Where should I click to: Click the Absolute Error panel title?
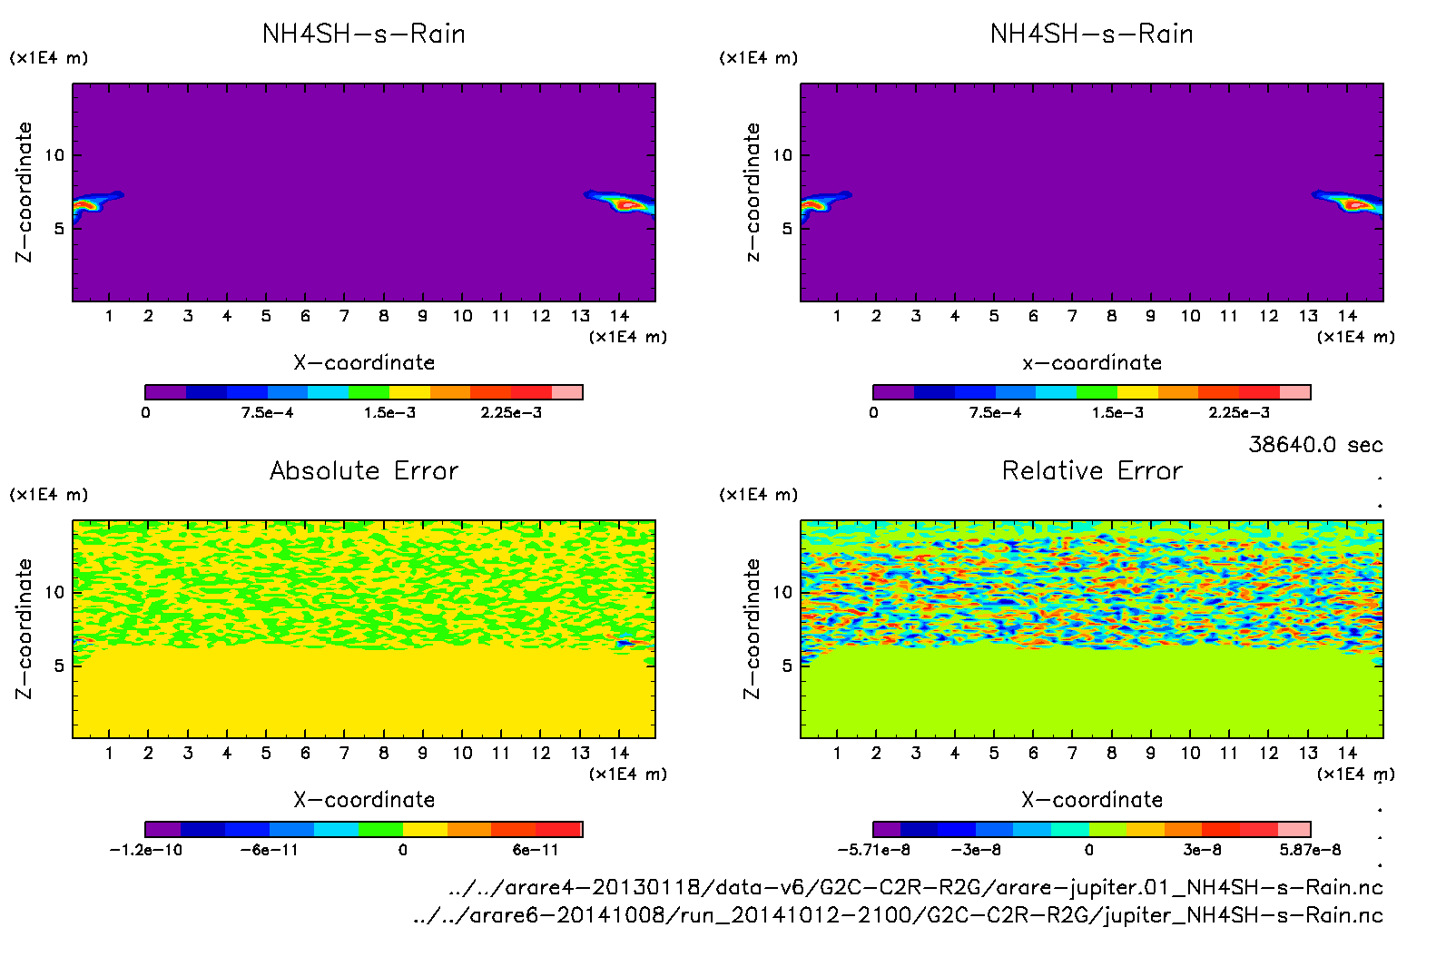[x=364, y=470]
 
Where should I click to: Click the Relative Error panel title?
[x=1092, y=470]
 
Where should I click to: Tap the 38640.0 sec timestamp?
[x=1315, y=445]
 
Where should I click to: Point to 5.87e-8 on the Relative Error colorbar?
[x=1310, y=850]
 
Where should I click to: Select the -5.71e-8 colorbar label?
[x=873, y=850]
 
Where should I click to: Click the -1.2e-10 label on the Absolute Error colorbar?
[x=145, y=850]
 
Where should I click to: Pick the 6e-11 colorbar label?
[x=536, y=850]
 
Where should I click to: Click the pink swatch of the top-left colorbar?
[x=567, y=392]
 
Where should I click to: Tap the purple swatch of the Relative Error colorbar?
[x=887, y=829]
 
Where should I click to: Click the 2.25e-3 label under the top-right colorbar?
[x=1239, y=412]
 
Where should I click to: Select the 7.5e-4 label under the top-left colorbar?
[x=267, y=412]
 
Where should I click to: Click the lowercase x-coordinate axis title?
[x=1092, y=362]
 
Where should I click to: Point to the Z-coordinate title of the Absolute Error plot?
[x=24, y=628]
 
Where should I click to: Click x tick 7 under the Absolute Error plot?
[x=344, y=753]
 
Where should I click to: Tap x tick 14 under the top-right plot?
[x=1347, y=316]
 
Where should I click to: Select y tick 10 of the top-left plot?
[x=55, y=155]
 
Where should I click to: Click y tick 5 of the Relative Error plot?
[x=787, y=666]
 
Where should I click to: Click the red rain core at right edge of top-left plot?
[x=625, y=205]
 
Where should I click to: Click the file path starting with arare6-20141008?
[x=898, y=915]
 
